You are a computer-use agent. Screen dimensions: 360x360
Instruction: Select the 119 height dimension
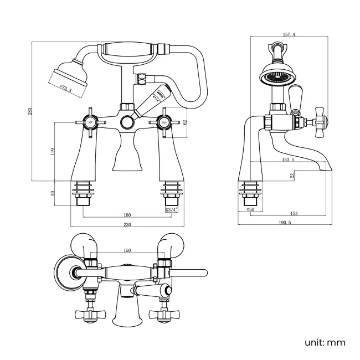coord(53,150)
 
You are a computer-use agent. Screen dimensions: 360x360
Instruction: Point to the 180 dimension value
coord(127,215)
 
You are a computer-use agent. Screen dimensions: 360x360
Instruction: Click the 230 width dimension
coord(127,224)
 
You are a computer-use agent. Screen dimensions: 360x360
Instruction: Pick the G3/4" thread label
coord(171,210)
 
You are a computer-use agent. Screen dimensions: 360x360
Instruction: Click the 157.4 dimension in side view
coord(289,34)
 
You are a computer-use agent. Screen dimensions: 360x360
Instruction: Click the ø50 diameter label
coord(250,210)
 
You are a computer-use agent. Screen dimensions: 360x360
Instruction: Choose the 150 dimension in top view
coord(127,251)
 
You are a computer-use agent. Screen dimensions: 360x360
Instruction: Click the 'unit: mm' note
coord(325,342)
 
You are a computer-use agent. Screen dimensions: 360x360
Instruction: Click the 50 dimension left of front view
coord(53,193)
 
